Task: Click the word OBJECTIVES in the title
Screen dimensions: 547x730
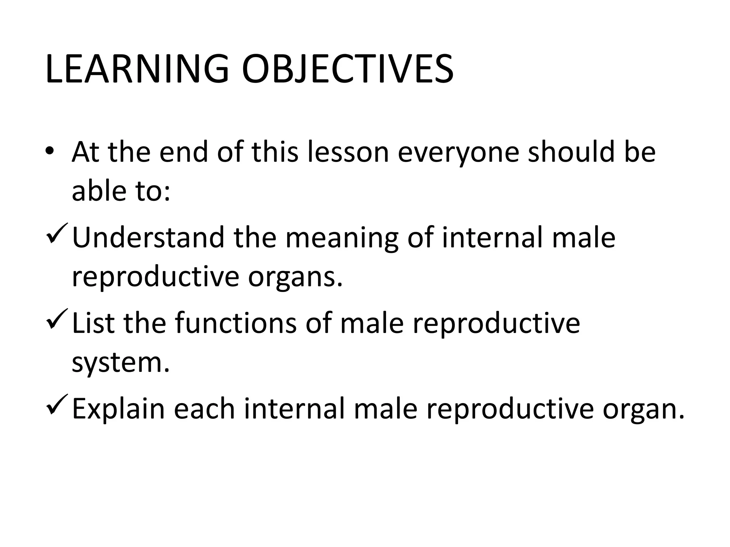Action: coord(348,69)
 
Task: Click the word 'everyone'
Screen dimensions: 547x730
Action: coord(458,152)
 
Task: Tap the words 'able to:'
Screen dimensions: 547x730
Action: coord(121,191)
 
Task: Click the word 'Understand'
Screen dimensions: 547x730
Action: coord(148,238)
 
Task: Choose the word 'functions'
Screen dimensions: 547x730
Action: coord(236,323)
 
